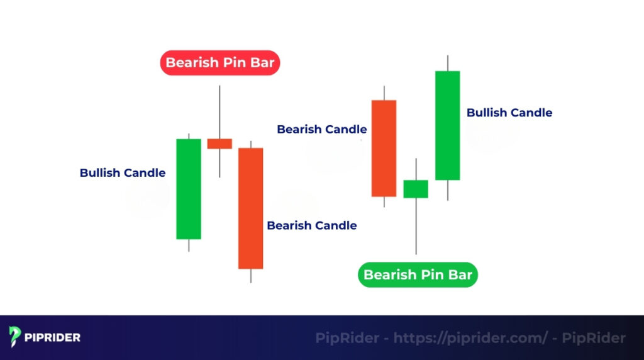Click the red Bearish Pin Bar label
[x=219, y=63]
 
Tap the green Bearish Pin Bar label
[x=418, y=275]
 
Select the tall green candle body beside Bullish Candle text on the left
[x=188, y=189]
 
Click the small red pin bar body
[x=219, y=143]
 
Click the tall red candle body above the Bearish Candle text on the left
[x=250, y=208]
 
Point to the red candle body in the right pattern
[x=384, y=148]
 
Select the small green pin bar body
[x=416, y=189]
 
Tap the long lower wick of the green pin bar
[x=416, y=226]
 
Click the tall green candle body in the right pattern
[x=447, y=125]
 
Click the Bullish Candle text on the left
[x=123, y=173]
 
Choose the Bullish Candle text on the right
[x=509, y=113]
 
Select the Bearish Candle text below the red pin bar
[x=312, y=225]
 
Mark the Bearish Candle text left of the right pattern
[x=322, y=130]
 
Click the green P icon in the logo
[x=15, y=337]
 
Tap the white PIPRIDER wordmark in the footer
[x=53, y=338]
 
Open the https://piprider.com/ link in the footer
[x=470, y=338]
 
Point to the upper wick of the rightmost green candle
[x=447, y=63]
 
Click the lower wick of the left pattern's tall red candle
[x=250, y=276]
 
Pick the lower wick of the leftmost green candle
[x=188, y=245]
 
